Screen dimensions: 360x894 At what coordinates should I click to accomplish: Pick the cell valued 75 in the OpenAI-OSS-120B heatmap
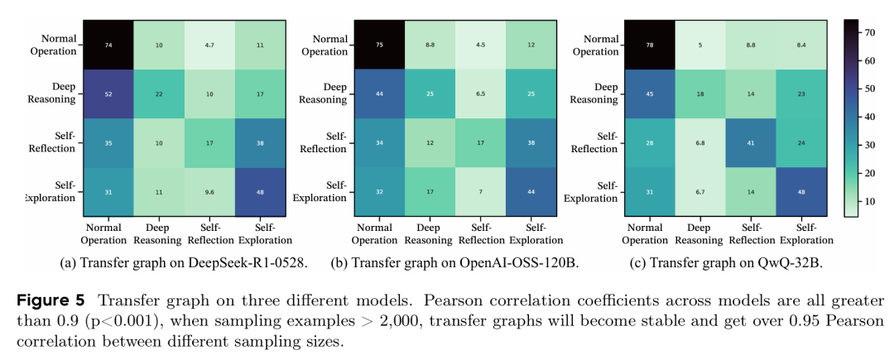point(379,46)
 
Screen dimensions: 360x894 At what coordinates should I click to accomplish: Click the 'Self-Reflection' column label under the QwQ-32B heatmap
point(751,234)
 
